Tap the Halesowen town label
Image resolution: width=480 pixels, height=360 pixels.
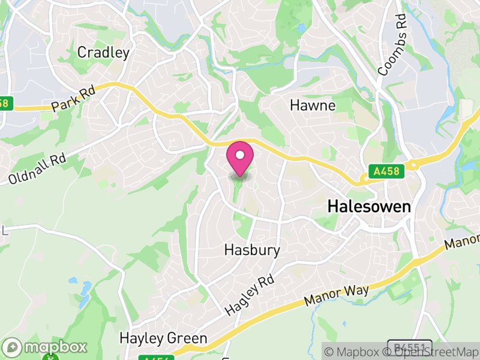click(x=369, y=207)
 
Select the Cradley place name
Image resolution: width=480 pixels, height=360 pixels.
click(x=103, y=53)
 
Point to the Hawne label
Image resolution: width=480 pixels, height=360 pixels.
click(x=313, y=106)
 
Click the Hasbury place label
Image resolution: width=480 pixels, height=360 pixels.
click(x=252, y=249)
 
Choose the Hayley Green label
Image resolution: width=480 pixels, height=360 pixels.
click(x=163, y=338)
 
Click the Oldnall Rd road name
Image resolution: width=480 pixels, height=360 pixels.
click(x=37, y=170)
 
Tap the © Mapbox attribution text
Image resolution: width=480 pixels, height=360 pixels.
click(x=356, y=352)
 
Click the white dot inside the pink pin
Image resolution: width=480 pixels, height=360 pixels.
click(x=240, y=155)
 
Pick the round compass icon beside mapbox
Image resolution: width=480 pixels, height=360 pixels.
click(x=13, y=347)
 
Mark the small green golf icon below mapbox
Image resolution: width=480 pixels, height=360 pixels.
click(x=48, y=358)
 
